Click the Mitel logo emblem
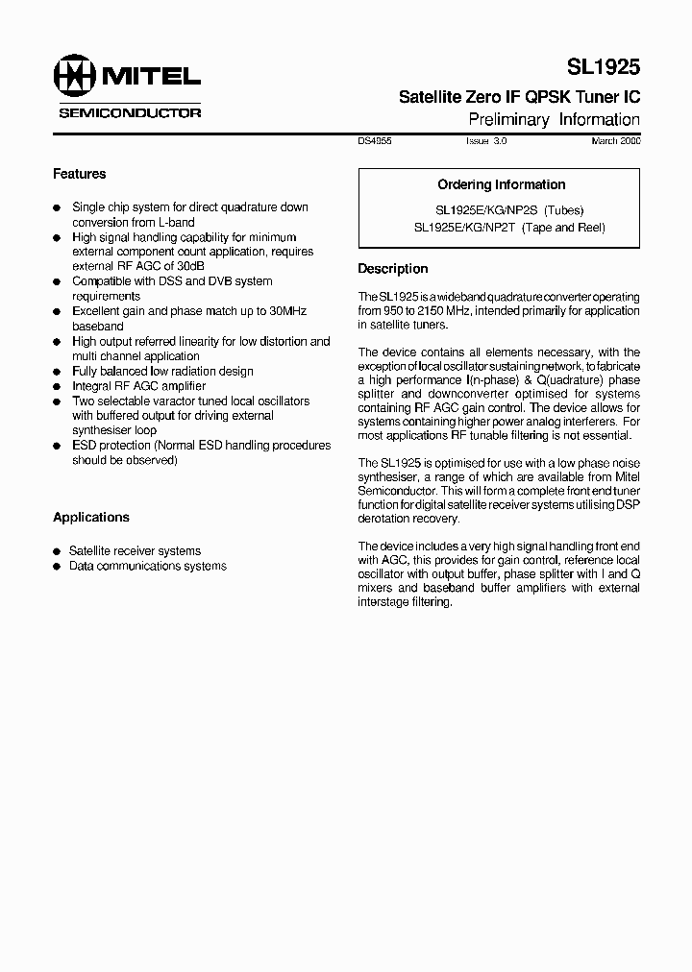pyautogui.click(x=74, y=76)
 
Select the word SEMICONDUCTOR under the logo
pyautogui.click(x=130, y=112)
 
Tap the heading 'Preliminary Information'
pyautogui.click(x=554, y=120)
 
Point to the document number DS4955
pyautogui.click(x=375, y=140)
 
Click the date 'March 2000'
pyautogui.click(x=615, y=140)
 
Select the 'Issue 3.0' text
pyautogui.click(x=485, y=140)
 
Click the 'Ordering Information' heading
pyautogui.click(x=501, y=184)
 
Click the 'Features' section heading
pyautogui.click(x=79, y=174)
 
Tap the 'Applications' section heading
pyautogui.click(x=90, y=517)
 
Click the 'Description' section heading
pyautogui.click(x=392, y=269)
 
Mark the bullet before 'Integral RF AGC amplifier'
pyautogui.click(x=58, y=386)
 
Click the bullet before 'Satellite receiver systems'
pyautogui.click(x=58, y=552)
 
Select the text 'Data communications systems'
pyautogui.click(x=147, y=566)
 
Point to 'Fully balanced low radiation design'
pyautogui.click(x=162, y=371)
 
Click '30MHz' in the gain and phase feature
pyautogui.click(x=286, y=311)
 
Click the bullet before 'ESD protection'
pyautogui.click(x=58, y=447)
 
